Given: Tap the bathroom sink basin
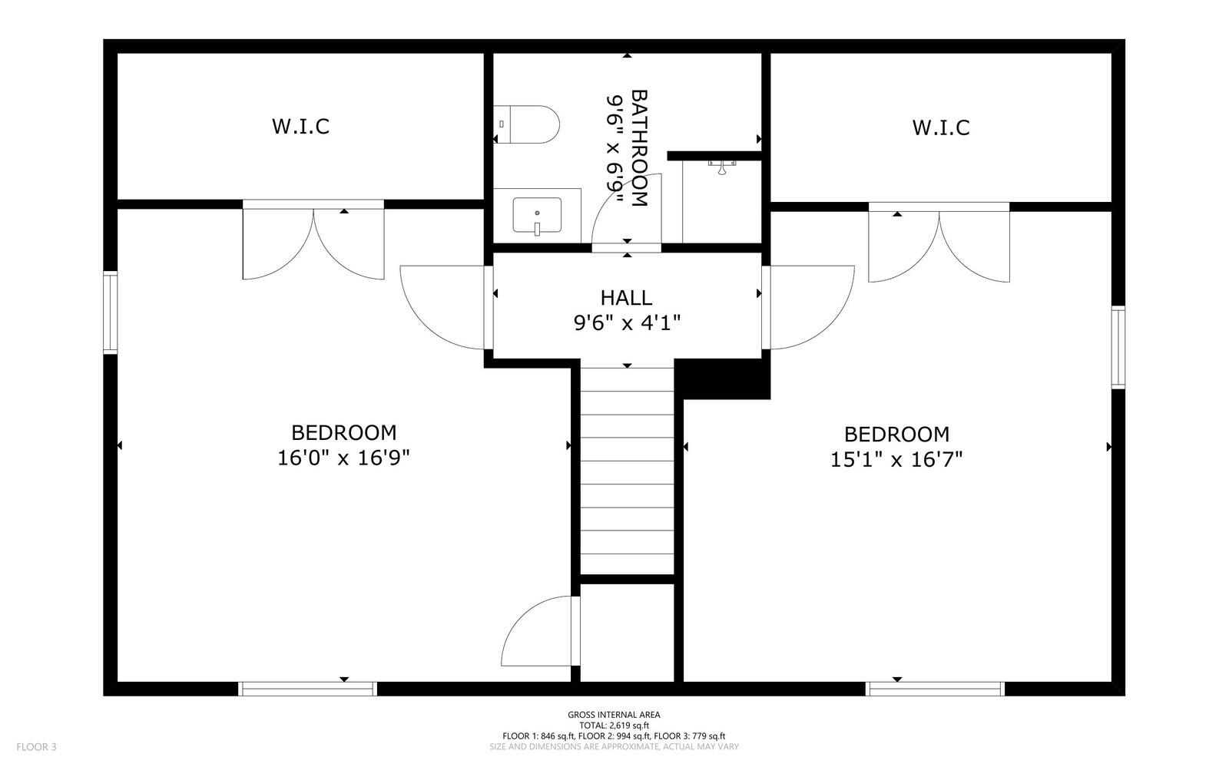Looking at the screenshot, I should point(537,215).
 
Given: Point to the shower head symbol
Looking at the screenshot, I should point(722,167).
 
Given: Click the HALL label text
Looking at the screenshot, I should point(626,298).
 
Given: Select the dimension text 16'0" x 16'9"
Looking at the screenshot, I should point(343,458).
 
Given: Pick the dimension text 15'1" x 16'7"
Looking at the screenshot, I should point(896,460).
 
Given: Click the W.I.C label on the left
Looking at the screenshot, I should point(300,127).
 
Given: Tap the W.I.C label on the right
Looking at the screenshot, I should point(940,127).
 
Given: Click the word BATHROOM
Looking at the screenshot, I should point(639,148).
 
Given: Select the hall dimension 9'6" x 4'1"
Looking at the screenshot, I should point(627,323).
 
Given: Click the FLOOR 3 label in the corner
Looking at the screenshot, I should point(37,746).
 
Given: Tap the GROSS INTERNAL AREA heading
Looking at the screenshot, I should point(614,715).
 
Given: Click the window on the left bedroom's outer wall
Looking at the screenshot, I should point(111,312).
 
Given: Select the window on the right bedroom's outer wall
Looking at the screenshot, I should point(1118,347).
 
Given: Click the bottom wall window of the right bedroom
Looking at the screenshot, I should point(935,689).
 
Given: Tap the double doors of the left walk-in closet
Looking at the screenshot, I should point(313,240).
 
